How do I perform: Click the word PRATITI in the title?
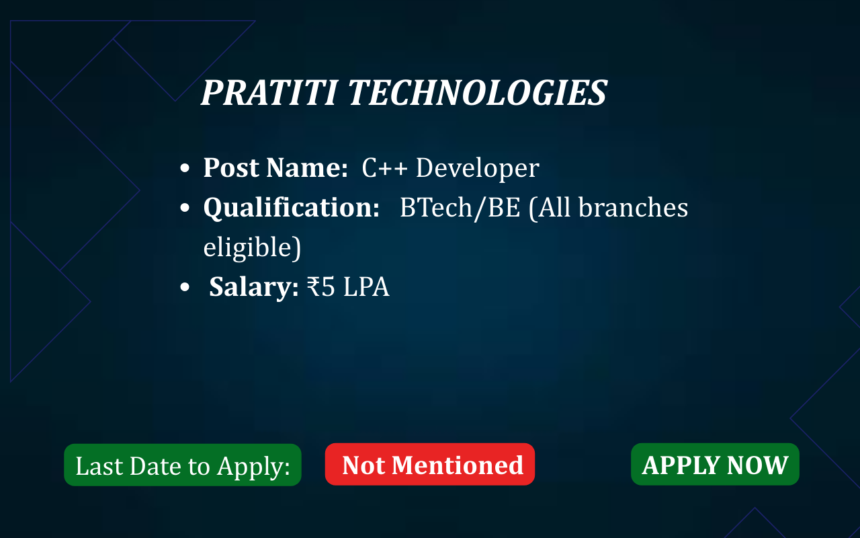[x=269, y=93]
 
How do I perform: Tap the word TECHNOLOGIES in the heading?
[x=478, y=93]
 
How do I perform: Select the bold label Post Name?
[x=275, y=168]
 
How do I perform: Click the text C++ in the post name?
[x=384, y=168]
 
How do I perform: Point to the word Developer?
[x=478, y=169]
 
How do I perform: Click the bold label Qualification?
[x=292, y=208]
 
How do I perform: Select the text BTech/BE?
[x=460, y=208]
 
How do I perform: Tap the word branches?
[x=633, y=207]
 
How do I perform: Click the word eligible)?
[x=252, y=247]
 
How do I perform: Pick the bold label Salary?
[x=254, y=287]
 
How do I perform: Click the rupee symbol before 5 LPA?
[x=313, y=286]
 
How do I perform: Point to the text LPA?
[x=366, y=286]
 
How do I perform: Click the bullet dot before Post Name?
[x=185, y=168]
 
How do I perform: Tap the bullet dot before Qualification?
[x=185, y=208]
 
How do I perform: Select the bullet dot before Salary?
[x=185, y=287]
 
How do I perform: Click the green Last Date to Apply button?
[x=183, y=465]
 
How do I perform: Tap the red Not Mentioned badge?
[x=430, y=464]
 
